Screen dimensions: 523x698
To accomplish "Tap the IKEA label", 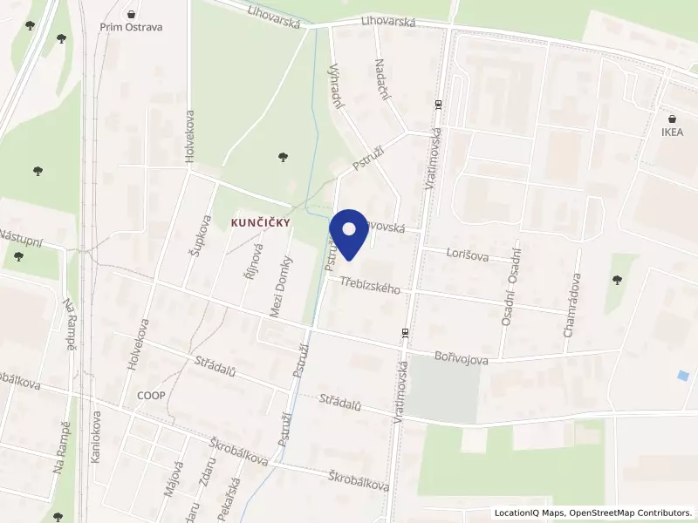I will click(672, 132).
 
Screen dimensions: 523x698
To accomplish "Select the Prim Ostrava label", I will click(131, 27).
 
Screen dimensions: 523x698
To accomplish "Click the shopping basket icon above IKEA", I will click(672, 119).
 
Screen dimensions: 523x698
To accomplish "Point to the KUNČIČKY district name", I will click(260, 223).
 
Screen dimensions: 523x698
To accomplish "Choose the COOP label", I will click(151, 395).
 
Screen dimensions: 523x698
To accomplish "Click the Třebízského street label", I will click(370, 284).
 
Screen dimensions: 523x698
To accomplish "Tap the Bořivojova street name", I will click(462, 357).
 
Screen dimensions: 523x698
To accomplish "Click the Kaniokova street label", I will click(95, 437).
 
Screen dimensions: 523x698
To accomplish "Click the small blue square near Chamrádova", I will click(682, 376).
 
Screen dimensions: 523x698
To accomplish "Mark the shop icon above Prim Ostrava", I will click(131, 14).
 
